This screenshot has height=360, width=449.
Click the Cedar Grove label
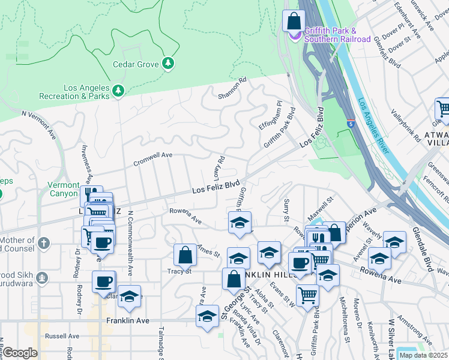click(136, 64)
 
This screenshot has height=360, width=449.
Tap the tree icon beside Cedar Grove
click(169, 63)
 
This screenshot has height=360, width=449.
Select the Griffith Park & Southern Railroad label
click(337, 35)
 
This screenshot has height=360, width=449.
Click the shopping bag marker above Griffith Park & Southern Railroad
click(294, 22)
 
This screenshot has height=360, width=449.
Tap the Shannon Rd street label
click(232, 88)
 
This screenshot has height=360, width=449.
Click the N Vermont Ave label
click(38, 121)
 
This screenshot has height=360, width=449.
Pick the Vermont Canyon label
click(64, 189)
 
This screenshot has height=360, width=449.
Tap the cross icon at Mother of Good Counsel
click(43, 244)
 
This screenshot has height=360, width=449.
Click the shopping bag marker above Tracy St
click(185, 255)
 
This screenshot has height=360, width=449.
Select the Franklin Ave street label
click(127, 321)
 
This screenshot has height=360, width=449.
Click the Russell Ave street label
click(62, 336)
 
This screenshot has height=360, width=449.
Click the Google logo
click(20, 353)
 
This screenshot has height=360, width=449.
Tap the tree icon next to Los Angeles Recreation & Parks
click(119, 91)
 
